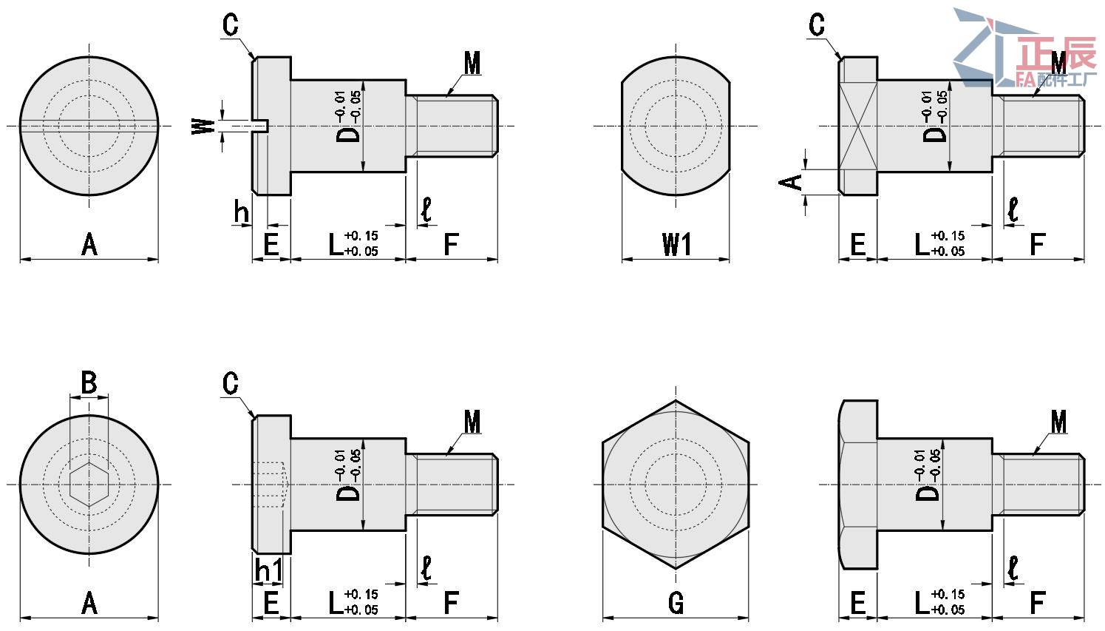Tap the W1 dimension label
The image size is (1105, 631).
[676, 244]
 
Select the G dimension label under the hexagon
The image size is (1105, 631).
[676, 604]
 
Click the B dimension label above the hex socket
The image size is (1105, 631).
[89, 382]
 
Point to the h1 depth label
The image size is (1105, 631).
[268, 570]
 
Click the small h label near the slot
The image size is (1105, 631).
[241, 212]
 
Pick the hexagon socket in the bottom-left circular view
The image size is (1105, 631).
[89, 485]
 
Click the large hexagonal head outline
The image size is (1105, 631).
[676, 485]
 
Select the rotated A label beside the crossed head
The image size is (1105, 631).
[792, 182]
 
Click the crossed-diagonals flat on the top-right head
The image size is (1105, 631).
[858, 126]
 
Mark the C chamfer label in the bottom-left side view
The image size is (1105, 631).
[231, 383]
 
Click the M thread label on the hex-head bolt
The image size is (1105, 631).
[1058, 422]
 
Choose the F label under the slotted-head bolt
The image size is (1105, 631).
[451, 244]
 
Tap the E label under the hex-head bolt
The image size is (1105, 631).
[857, 604]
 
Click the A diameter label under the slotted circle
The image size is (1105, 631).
[89, 244]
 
